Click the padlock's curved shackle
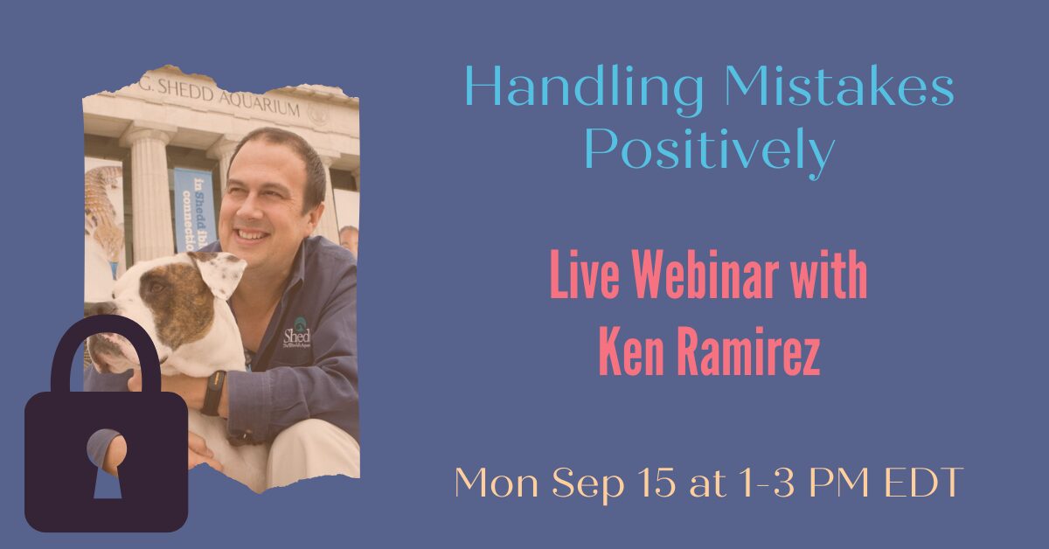pyautogui.click(x=106, y=351)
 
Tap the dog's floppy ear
pyautogui.click(x=220, y=274)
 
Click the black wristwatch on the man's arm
pyautogui.click(x=213, y=393)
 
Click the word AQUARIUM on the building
pyautogui.click(x=259, y=104)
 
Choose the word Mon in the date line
pyautogui.click(x=497, y=483)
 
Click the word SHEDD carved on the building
pyautogui.click(x=185, y=90)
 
